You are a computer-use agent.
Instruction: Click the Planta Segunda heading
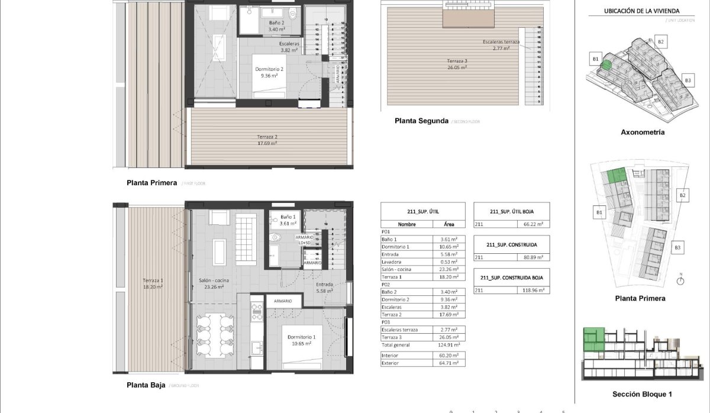[x=421, y=121]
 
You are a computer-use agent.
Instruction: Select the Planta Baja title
[x=146, y=385]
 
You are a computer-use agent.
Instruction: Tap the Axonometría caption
[x=643, y=132]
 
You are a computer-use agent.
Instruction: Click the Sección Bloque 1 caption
[x=642, y=394]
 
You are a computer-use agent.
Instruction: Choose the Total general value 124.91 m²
[x=445, y=345]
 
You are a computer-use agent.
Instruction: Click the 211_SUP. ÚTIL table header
[x=422, y=211]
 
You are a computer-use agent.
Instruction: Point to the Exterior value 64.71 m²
[x=445, y=363]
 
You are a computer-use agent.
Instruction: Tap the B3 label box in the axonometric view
[x=688, y=80]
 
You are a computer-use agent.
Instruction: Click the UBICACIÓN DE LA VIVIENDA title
[x=641, y=11]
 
